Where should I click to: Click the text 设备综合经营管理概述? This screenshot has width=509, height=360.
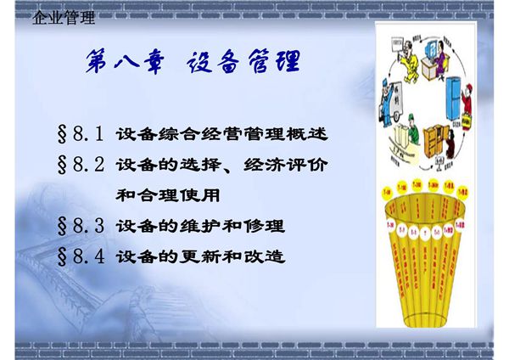(221, 134)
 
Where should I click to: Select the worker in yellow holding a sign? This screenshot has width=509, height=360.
(406, 52)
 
